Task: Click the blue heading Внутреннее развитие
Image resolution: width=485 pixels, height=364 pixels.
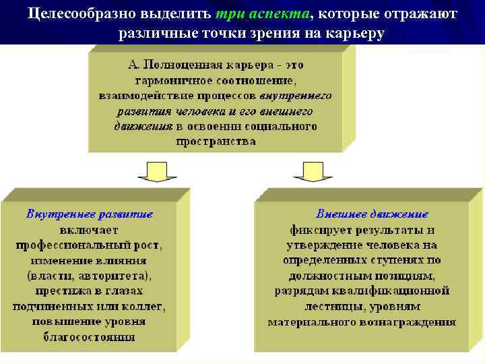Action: pos(90,214)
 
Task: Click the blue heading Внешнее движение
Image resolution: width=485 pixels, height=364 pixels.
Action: pos(373,214)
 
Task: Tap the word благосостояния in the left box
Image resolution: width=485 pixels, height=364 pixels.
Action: pos(90,337)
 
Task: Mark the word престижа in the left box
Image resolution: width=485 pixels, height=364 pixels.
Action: pos(63,291)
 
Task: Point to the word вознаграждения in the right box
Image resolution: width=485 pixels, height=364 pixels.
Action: pos(413,322)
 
